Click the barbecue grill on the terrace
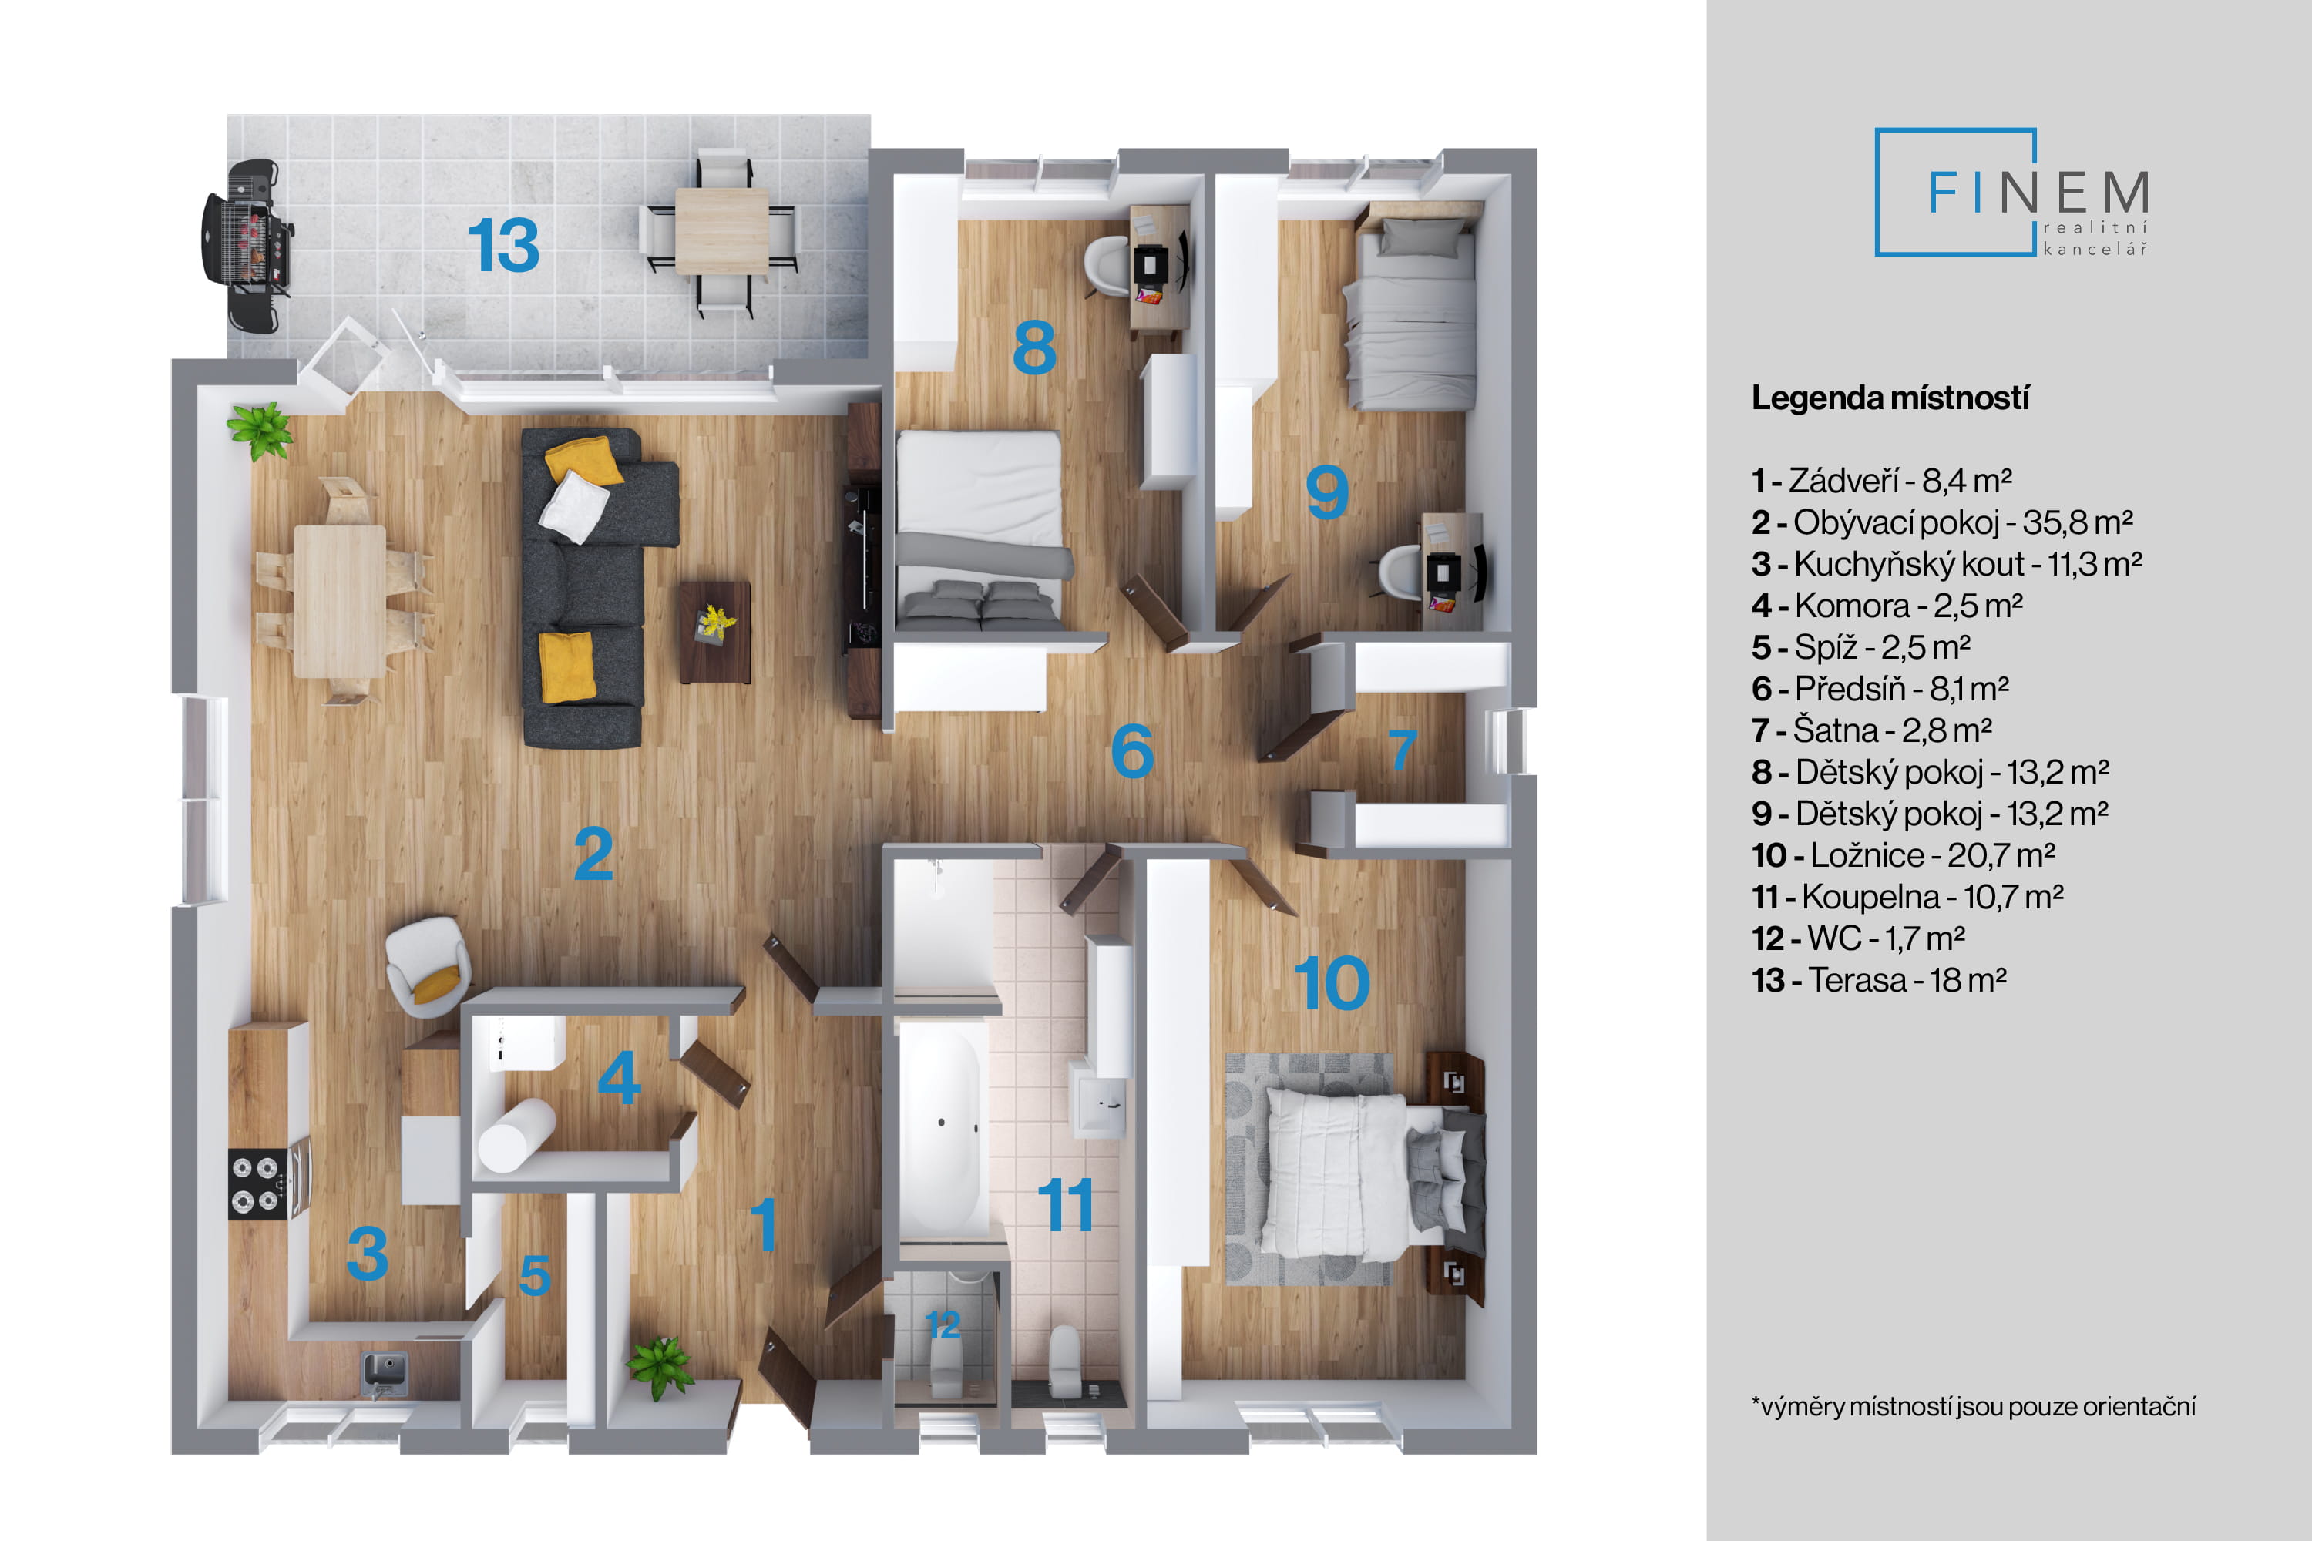tap(246, 246)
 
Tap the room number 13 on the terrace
tap(503, 245)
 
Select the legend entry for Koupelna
tap(1907, 896)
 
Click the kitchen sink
tap(385, 1372)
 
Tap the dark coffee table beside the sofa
tap(714, 632)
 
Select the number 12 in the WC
tap(942, 1324)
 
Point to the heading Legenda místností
tap(1890, 398)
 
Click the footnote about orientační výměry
tap(1973, 1406)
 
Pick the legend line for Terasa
tap(1879, 980)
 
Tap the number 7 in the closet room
tap(1402, 750)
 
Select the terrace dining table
tap(721, 231)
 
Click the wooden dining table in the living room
tap(340, 602)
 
